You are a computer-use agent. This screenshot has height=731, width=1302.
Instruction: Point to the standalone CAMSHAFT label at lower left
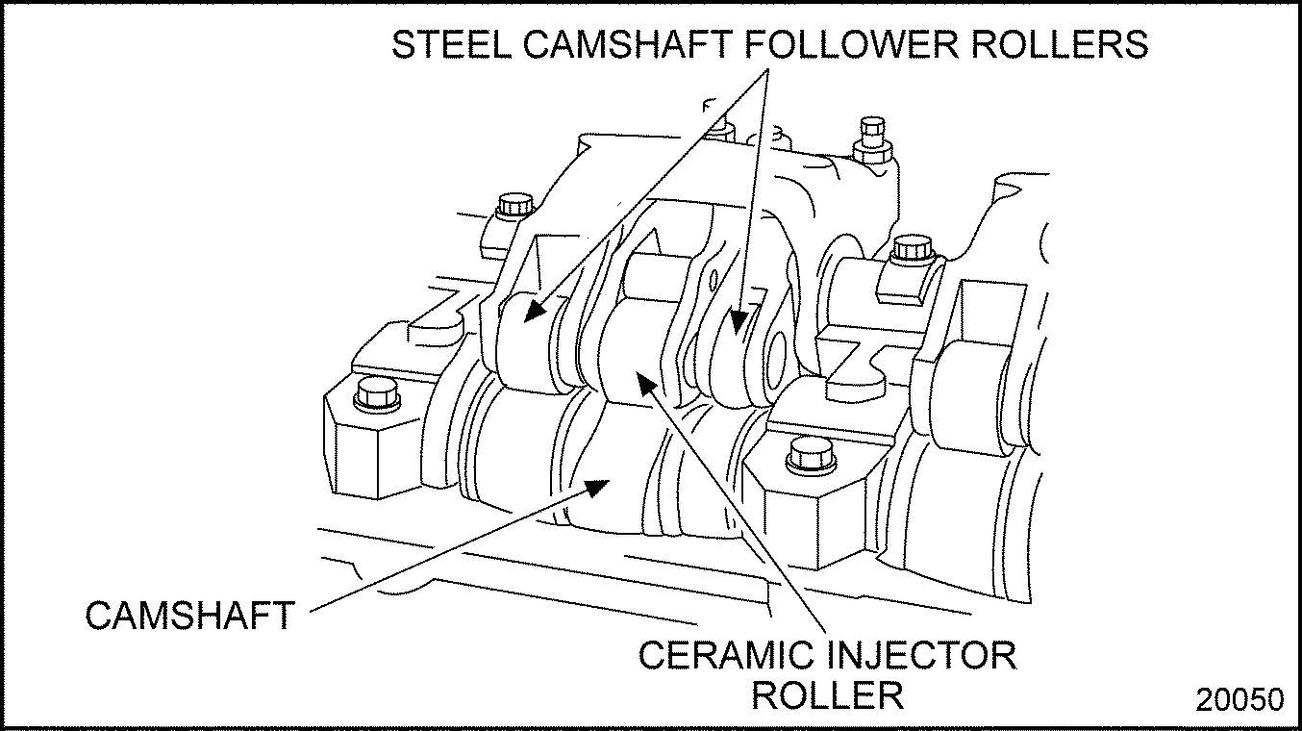click(188, 616)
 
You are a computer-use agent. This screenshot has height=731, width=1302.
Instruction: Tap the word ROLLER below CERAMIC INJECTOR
click(827, 694)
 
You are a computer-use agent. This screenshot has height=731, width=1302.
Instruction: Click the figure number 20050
click(1239, 699)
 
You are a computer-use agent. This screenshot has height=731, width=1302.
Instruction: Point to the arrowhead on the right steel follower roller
click(738, 323)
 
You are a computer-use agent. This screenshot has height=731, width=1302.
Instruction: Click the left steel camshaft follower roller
click(531, 341)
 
